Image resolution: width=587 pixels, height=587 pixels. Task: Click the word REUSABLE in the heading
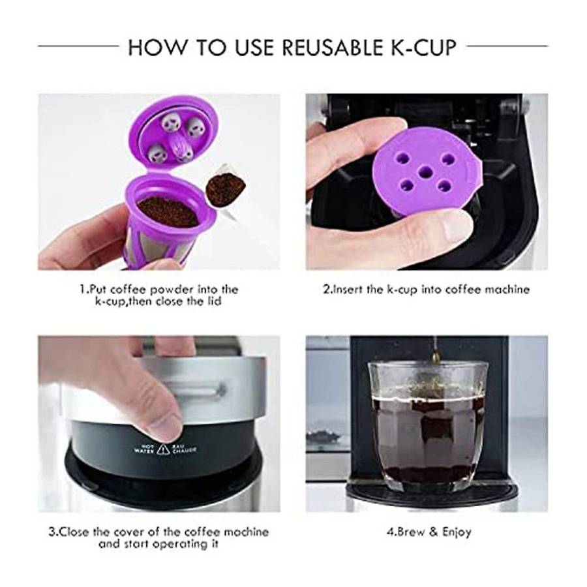tap(329, 47)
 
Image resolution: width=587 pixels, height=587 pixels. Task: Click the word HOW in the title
tap(157, 47)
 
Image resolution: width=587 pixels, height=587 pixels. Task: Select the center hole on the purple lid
tap(425, 172)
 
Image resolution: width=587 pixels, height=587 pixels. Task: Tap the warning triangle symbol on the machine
tap(163, 449)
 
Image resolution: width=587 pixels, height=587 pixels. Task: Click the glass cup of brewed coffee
tap(428, 425)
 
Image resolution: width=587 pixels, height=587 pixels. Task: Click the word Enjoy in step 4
tap(457, 532)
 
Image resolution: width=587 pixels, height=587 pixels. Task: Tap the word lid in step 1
tap(215, 301)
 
